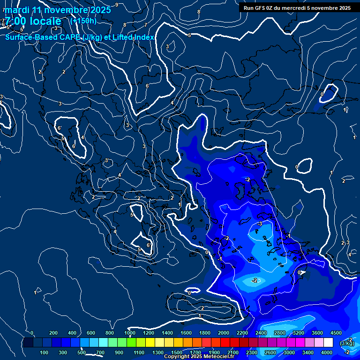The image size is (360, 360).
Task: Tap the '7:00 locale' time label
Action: click(x=33, y=21)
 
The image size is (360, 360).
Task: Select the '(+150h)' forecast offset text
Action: click(x=83, y=21)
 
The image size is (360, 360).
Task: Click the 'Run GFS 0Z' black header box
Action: click(x=297, y=7)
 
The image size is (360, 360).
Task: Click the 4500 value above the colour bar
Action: click(x=336, y=333)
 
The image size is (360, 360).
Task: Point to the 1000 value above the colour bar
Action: click(x=130, y=333)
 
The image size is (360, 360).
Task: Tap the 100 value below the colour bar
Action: click(x=45, y=352)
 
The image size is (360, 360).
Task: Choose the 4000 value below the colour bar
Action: click(x=327, y=352)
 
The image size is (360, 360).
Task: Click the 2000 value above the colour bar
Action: click(x=224, y=333)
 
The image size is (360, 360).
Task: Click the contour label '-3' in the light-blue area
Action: click(x=259, y=224)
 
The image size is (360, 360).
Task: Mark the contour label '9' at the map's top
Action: click(x=117, y=5)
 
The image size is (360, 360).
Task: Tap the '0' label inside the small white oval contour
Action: click(x=297, y=167)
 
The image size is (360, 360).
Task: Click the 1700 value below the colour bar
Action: click(x=195, y=352)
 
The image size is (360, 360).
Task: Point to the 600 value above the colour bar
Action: click(x=91, y=333)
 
